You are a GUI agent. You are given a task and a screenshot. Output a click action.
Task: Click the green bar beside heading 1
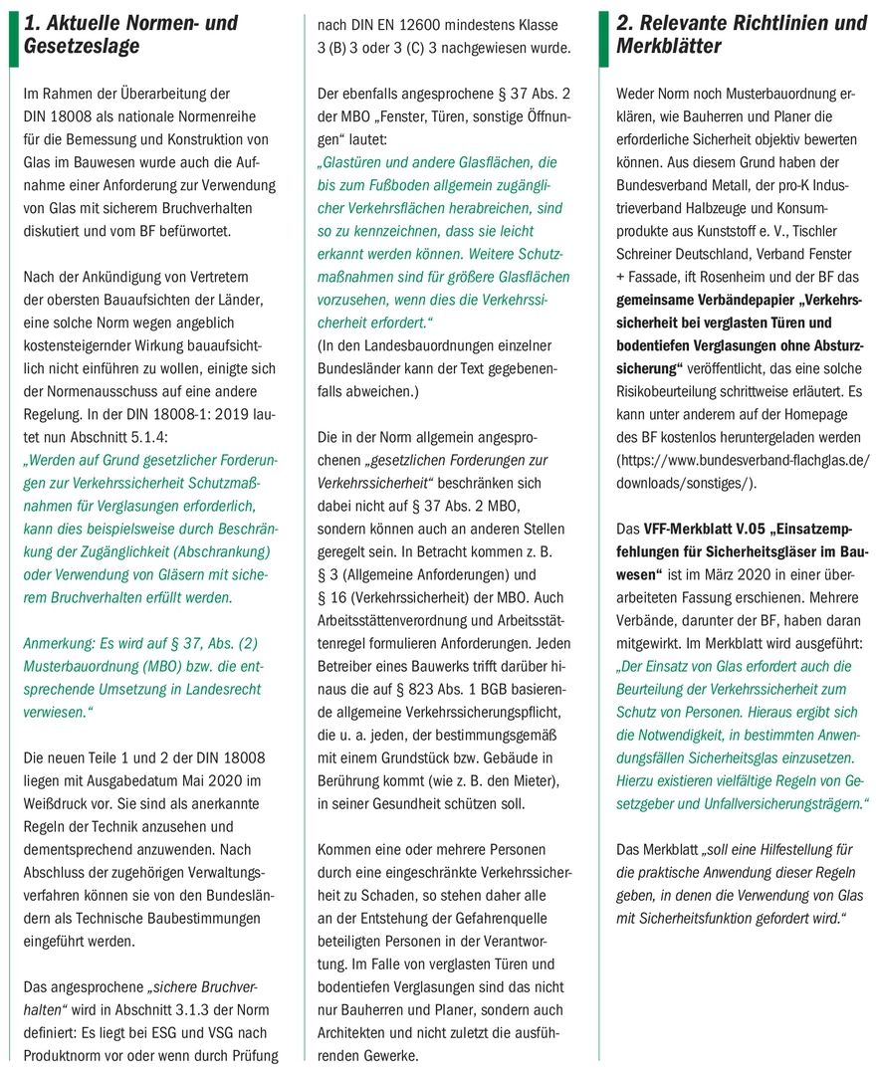[14, 35]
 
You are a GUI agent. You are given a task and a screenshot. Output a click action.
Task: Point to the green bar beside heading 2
[603, 35]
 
